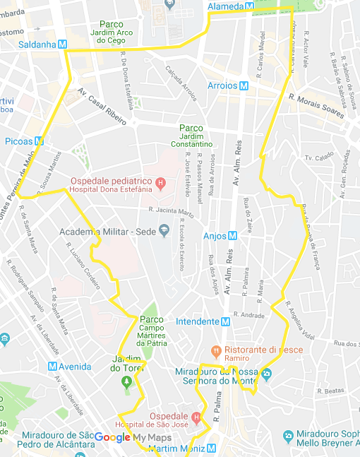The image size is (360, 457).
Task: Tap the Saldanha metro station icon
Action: click(x=61, y=44)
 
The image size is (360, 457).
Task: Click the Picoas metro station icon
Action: click(x=39, y=141)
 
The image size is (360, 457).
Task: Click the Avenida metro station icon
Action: click(x=52, y=367)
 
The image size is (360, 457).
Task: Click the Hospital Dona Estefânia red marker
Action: click(x=160, y=185)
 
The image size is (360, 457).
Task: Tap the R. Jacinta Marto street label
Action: click(x=171, y=211)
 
